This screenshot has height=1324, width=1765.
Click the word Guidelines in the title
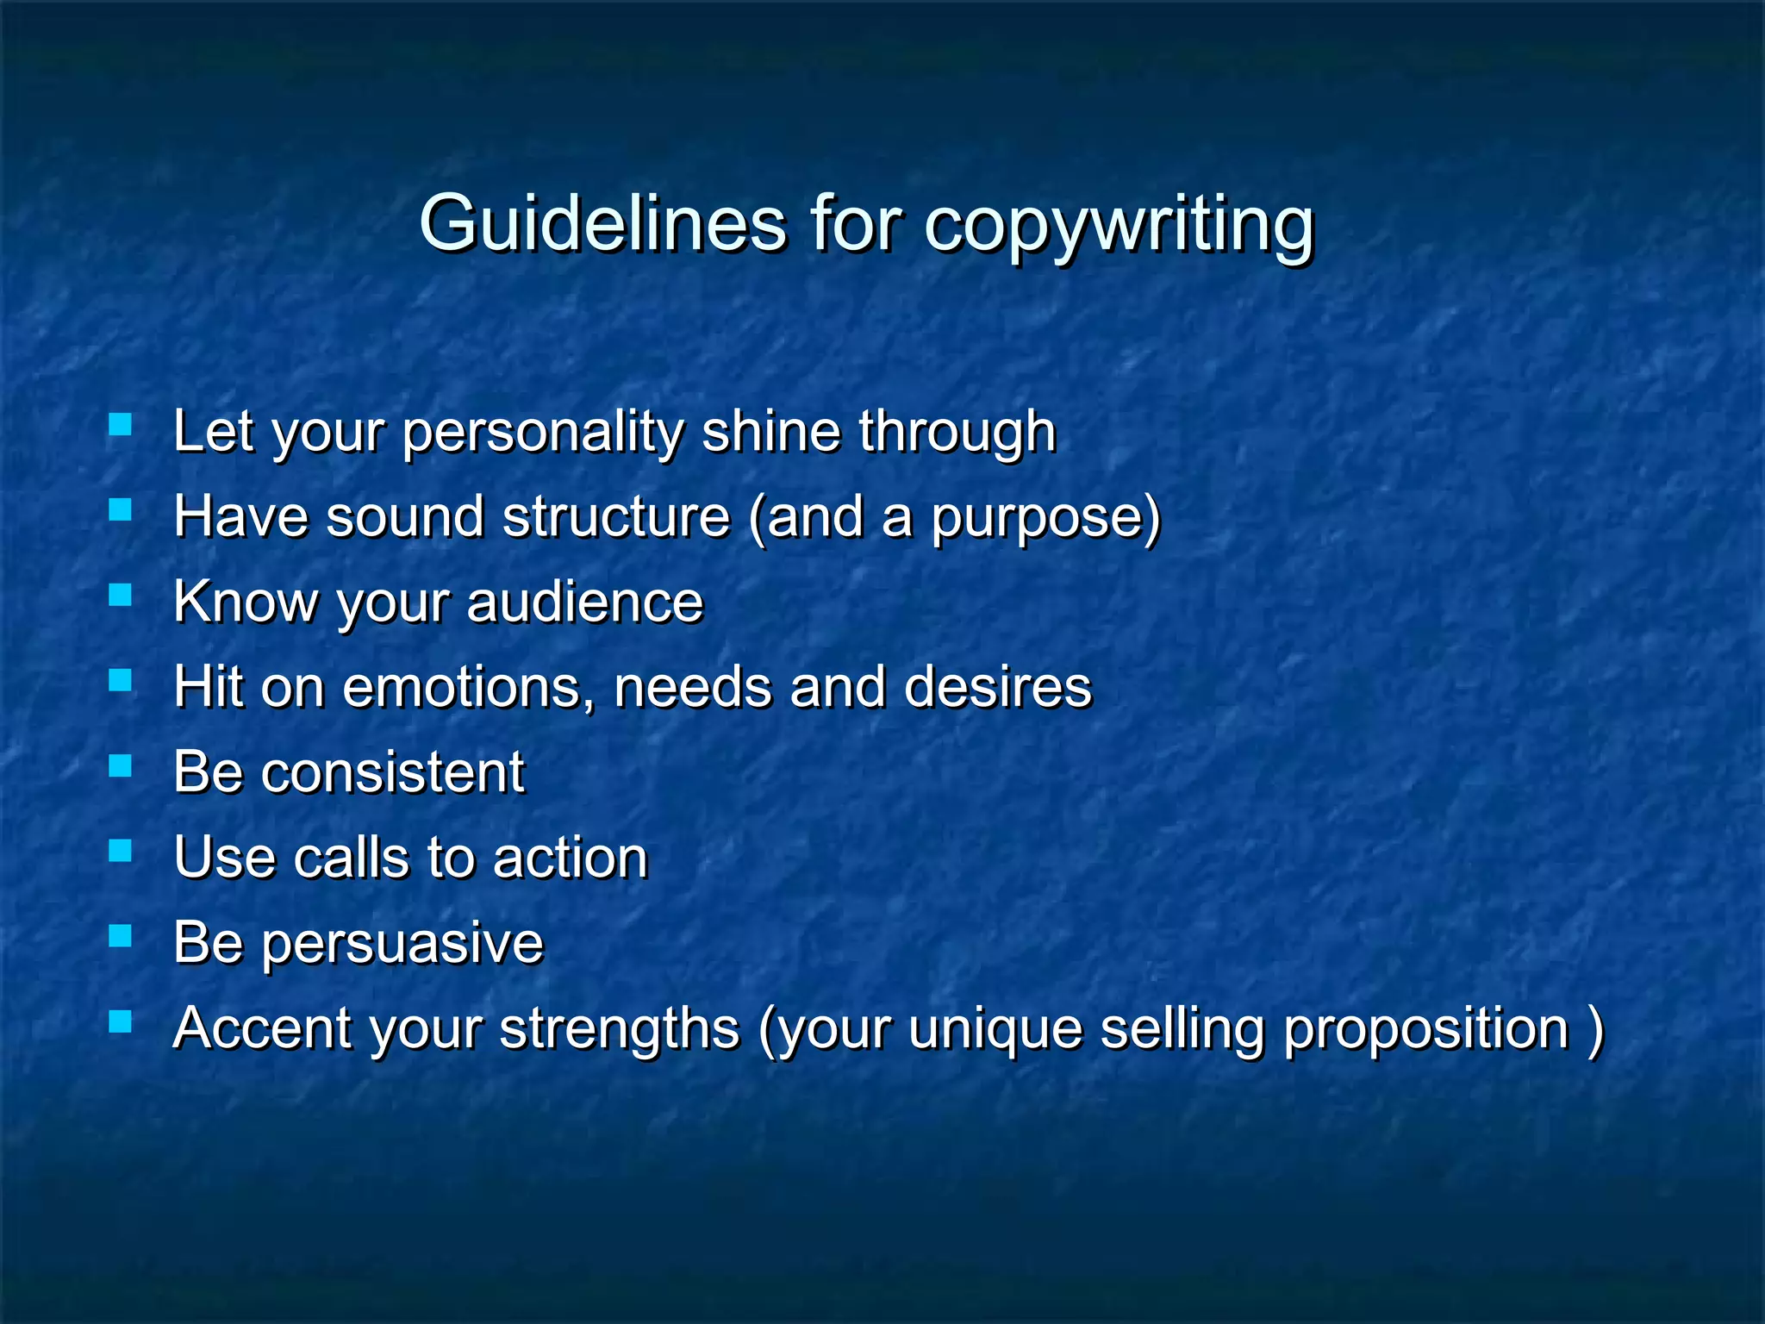pyautogui.click(x=602, y=223)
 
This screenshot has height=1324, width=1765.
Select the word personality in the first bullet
pyautogui.click(x=543, y=432)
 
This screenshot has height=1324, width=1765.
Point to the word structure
pyautogui.click(x=616, y=516)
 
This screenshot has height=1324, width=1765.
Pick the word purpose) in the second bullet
pyautogui.click(x=1045, y=518)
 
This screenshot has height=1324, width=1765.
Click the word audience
pyautogui.click(x=584, y=601)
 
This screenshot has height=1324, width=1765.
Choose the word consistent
pyautogui.click(x=393, y=771)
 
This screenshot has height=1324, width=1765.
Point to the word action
pyautogui.click(x=571, y=858)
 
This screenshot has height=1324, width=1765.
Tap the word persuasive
pyautogui.click(x=402, y=943)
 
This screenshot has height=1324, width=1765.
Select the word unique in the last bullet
pyautogui.click(x=995, y=1029)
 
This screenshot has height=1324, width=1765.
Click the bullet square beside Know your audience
pyautogui.click(x=120, y=595)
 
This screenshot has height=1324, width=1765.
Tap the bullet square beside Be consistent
pyautogui.click(x=120, y=765)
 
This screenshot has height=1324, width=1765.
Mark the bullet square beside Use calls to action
pyautogui.click(x=120, y=851)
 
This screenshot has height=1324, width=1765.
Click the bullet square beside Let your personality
pyautogui.click(x=120, y=424)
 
